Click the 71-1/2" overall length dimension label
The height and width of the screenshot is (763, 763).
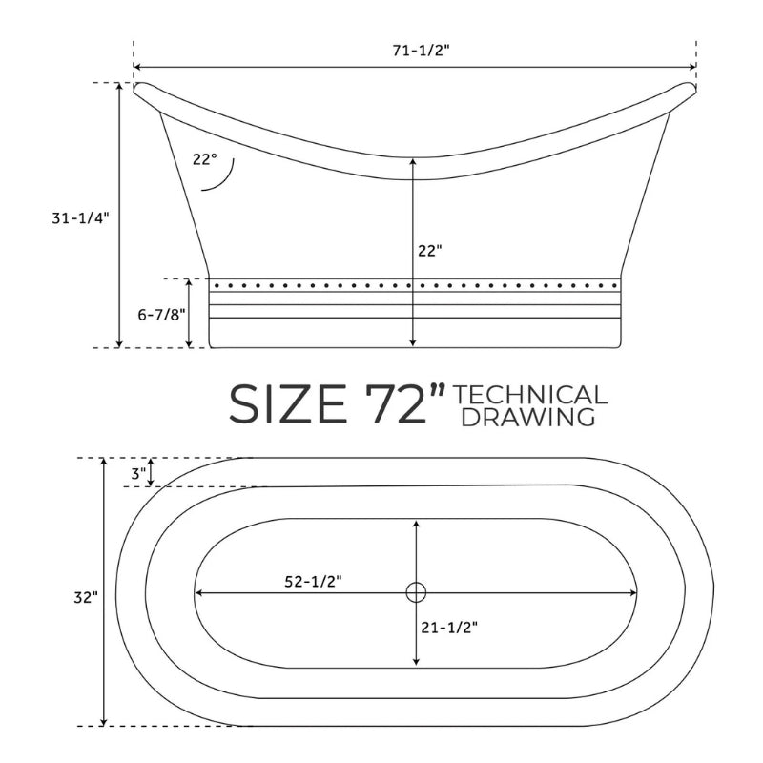pos(422,51)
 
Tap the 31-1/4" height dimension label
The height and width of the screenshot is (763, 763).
pos(78,218)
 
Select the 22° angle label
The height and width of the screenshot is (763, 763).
pos(204,159)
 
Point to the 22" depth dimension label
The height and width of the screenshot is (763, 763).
pos(430,251)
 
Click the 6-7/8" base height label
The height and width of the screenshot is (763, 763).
pos(161,315)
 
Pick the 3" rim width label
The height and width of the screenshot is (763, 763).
pos(138,473)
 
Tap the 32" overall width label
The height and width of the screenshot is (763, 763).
pos(86,598)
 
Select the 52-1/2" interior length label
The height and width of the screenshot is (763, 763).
pos(313,581)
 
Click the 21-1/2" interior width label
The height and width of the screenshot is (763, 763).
pos(449,628)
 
